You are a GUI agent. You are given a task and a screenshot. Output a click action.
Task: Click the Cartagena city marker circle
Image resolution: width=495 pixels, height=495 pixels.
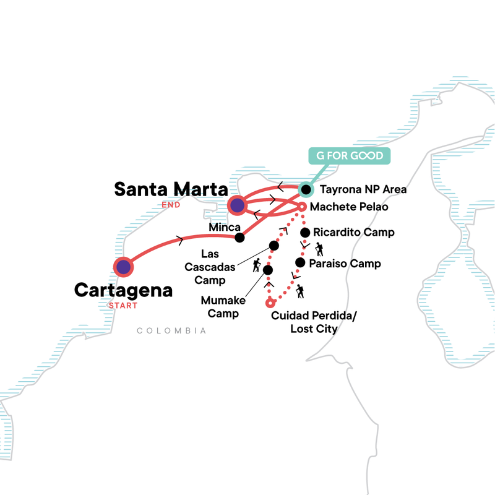[x=124, y=267]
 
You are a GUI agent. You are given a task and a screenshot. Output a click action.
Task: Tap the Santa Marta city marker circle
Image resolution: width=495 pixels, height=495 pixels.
[x=237, y=204]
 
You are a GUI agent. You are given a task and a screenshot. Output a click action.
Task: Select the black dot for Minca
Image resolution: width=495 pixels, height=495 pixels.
[x=239, y=238]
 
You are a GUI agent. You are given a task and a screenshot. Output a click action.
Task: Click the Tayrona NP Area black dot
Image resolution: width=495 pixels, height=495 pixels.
[x=304, y=188]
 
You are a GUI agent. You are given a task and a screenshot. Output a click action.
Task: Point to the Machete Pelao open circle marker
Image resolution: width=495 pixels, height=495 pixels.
[x=302, y=207]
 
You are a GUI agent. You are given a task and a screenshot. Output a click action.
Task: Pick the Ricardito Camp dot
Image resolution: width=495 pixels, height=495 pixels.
[x=304, y=233]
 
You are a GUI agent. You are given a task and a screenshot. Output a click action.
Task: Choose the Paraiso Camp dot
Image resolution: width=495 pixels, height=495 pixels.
[x=299, y=263]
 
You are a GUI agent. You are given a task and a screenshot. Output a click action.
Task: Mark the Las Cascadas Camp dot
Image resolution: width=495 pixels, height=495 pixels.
[x=274, y=246]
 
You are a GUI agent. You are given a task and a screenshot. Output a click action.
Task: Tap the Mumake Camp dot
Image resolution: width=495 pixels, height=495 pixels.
[x=268, y=270]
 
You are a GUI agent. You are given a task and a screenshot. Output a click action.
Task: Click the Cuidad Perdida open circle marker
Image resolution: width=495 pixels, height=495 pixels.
[x=269, y=303]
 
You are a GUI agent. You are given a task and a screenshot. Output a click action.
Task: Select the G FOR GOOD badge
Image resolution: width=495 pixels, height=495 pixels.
[x=350, y=155]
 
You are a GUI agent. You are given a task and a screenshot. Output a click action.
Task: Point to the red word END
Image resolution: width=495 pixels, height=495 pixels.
[x=170, y=205]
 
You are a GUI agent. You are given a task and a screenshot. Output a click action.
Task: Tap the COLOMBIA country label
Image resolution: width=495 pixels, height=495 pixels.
[x=171, y=332]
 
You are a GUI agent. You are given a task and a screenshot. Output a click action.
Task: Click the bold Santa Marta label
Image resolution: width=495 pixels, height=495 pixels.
[x=170, y=189]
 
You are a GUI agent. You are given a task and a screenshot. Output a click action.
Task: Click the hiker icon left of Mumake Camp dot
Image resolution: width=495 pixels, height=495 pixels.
[x=256, y=267]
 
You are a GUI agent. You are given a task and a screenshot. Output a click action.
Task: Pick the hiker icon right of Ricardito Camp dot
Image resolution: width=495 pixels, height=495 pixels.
[x=319, y=249]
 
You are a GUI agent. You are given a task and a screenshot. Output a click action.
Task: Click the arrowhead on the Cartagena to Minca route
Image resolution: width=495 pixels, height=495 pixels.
[x=179, y=239]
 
